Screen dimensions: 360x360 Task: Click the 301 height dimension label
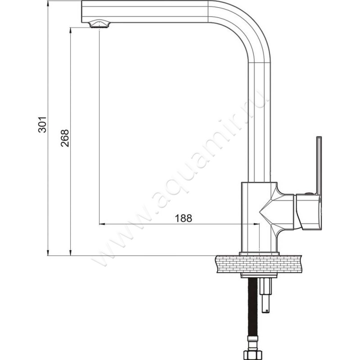pos(42,125)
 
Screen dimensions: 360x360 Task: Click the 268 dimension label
pos(64,138)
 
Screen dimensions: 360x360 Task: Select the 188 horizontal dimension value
pos(183,218)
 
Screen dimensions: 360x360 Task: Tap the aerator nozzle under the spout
pos(99,24)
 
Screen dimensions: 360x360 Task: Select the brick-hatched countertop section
pos(258,264)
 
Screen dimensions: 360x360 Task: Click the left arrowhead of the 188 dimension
pos(102,224)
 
